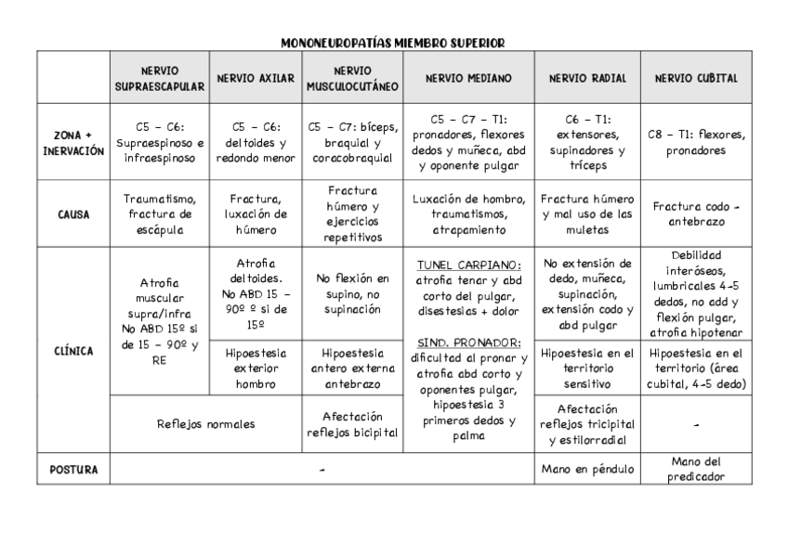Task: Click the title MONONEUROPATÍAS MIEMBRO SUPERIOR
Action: (x=393, y=43)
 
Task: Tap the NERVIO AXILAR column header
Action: (x=255, y=78)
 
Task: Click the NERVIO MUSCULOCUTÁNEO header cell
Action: (x=352, y=78)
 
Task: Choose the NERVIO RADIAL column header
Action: (x=587, y=78)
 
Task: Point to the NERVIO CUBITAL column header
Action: (x=696, y=78)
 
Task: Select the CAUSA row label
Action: (x=73, y=213)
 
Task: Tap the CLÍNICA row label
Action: (x=73, y=351)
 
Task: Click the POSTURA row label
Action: (x=73, y=470)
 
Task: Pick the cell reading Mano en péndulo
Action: (x=587, y=470)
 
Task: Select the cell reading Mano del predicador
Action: (x=696, y=470)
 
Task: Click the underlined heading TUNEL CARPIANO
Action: (x=468, y=265)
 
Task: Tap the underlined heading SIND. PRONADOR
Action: (x=468, y=343)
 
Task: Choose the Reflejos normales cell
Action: (x=205, y=423)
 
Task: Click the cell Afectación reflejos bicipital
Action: (x=352, y=424)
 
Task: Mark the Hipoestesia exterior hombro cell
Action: (x=255, y=368)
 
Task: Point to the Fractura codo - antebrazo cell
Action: (x=696, y=213)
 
